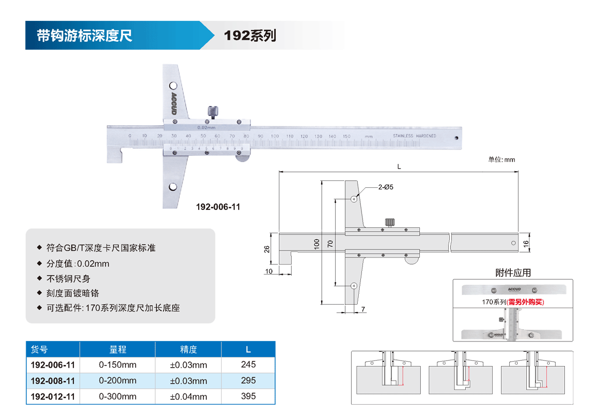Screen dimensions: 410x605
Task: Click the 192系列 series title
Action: (x=250, y=36)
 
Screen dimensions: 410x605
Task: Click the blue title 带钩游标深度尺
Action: (x=84, y=36)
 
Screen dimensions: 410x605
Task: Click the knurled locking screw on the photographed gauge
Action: (x=212, y=112)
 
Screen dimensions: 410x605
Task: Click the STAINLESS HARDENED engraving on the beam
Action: (x=414, y=136)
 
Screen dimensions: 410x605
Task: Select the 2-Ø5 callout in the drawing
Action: (x=385, y=187)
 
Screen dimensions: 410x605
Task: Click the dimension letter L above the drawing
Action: (x=399, y=166)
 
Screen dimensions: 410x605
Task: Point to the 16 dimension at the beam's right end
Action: (x=526, y=243)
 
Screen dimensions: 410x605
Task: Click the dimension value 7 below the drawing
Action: (x=363, y=309)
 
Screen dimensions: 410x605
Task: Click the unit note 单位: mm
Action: (x=501, y=160)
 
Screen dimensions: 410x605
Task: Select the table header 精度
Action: (x=188, y=350)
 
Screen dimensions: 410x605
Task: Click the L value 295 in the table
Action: (x=248, y=381)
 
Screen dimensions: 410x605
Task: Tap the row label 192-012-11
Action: (x=53, y=397)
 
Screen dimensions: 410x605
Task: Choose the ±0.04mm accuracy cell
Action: (x=188, y=397)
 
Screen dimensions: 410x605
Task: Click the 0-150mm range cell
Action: (x=118, y=365)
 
